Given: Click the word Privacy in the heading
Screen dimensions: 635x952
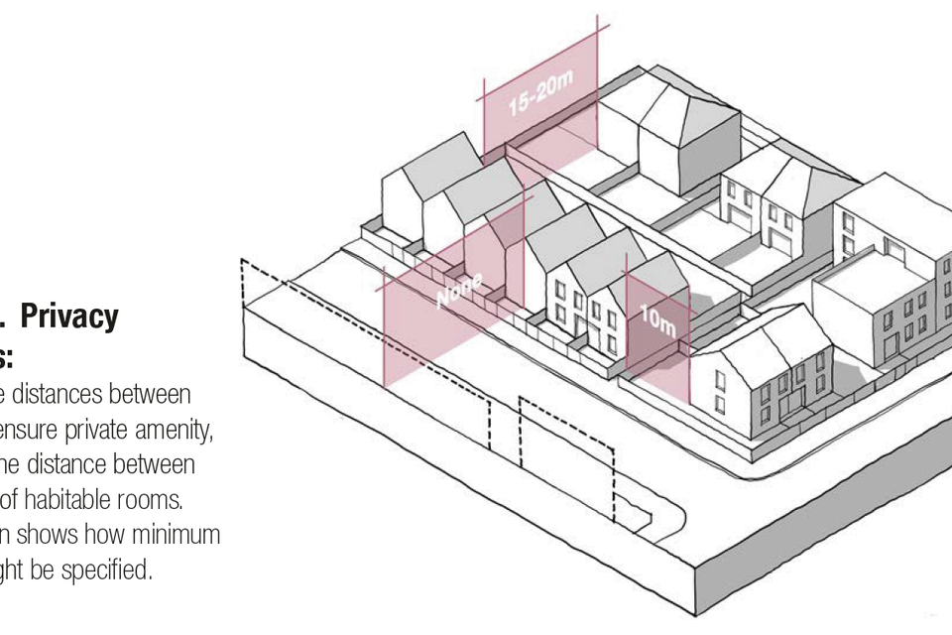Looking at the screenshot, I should point(69,317).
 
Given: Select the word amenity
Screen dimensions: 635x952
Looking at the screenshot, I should point(179,430).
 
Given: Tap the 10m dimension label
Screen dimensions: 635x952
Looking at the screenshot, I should point(656,319).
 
